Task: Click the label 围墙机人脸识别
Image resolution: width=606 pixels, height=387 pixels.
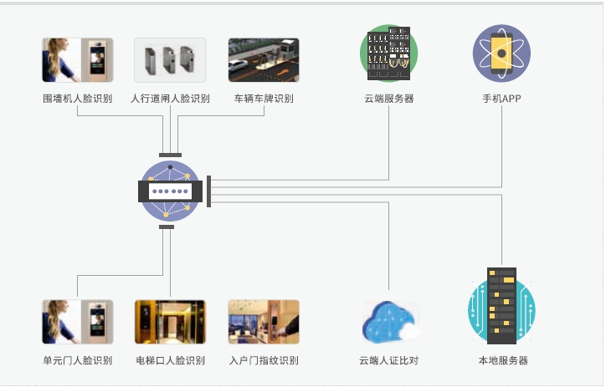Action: pos(77,99)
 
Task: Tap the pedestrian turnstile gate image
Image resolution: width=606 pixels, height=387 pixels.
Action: pos(170,60)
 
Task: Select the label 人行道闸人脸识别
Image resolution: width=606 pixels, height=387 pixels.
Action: pos(170,99)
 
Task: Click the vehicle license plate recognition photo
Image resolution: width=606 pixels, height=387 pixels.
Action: pos(264,60)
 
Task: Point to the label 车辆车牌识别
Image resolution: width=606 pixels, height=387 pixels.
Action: pos(264,99)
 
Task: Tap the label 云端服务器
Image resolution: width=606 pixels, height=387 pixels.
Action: pos(388,99)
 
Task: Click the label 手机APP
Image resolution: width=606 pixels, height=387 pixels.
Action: pos(501,99)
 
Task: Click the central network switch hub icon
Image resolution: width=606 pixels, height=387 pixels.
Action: pos(171,191)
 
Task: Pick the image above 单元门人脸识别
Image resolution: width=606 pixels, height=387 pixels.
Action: pos(77,322)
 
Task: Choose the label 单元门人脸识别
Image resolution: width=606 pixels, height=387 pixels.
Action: pos(77,361)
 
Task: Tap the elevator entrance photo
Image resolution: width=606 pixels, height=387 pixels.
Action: pos(170,322)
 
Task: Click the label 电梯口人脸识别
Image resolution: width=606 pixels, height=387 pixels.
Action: pos(170,361)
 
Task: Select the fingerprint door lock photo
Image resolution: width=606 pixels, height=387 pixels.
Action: pos(264,322)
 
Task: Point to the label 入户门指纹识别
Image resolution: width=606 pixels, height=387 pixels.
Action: pos(264,361)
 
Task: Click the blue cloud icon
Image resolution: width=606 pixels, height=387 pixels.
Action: pos(390,322)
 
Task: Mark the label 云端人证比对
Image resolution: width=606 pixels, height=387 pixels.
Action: pos(388,361)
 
